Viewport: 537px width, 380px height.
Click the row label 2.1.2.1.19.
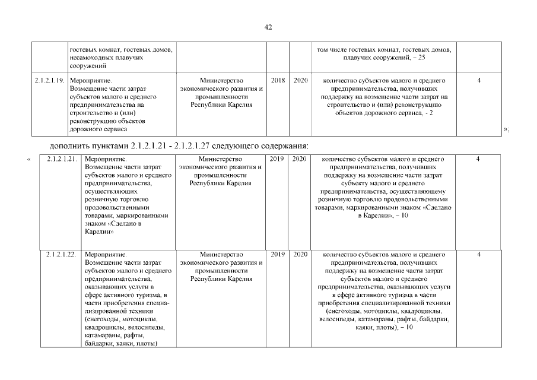tap(49, 80)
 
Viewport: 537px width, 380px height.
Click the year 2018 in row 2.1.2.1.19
tap(278, 80)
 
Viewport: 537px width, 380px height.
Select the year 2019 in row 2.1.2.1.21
tap(278, 159)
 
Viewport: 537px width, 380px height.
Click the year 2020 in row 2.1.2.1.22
tap(300, 254)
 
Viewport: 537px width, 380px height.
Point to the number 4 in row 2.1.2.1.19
tap(478, 80)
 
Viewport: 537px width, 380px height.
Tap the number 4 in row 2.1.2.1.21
tap(478, 159)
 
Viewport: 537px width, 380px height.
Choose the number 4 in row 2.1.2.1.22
tap(478, 254)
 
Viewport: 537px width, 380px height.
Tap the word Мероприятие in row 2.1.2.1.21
tap(103, 159)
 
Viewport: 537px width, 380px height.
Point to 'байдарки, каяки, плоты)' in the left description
tap(120, 343)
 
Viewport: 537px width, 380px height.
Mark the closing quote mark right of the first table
tap(506, 129)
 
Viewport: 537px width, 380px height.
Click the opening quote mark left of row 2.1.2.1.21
tap(28, 159)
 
